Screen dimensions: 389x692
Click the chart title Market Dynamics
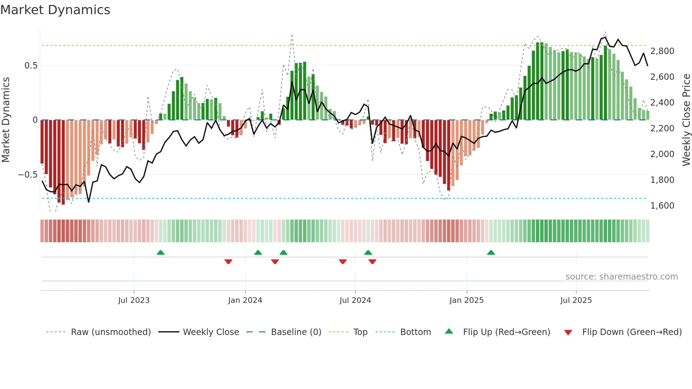click(x=55, y=10)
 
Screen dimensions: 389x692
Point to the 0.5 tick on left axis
click(x=31, y=66)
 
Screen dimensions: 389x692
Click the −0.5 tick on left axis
click(x=28, y=175)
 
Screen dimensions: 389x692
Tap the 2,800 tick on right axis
click(x=662, y=51)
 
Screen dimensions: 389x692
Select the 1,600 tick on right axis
click(x=662, y=206)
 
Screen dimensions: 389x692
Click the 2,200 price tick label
click(x=662, y=128)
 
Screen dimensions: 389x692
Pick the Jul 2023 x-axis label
click(x=134, y=300)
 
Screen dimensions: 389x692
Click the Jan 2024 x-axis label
click(x=245, y=300)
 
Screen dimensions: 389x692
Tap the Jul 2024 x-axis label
click(x=355, y=300)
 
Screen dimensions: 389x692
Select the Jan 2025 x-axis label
click(x=466, y=300)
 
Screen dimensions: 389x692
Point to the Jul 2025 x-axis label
click(x=576, y=300)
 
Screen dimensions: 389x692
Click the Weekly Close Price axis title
click(x=686, y=120)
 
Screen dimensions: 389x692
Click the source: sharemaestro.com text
click(x=621, y=277)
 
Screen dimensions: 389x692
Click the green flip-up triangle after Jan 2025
click(x=491, y=252)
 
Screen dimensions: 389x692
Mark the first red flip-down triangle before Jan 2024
click(x=228, y=262)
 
